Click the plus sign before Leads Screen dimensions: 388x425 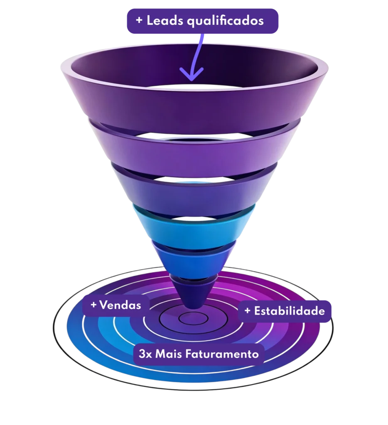[x=139, y=20]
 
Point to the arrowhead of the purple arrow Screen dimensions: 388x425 [x=191, y=74]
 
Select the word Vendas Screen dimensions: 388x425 [x=120, y=305]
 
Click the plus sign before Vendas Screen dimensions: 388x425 [x=93, y=305]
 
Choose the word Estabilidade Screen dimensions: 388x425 [x=290, y=311]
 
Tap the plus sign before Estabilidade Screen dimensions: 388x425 [x=247, y=310]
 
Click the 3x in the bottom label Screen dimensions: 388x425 [x=145, y=354]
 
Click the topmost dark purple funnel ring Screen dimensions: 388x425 [x=194, y=108]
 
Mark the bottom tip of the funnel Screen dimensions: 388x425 [x=194, y=308]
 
